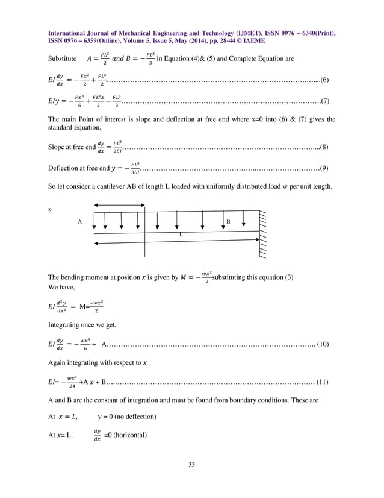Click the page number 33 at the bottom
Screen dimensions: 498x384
[191, 464]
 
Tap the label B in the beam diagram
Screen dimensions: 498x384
[228, 222]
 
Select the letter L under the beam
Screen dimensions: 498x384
[180, 234]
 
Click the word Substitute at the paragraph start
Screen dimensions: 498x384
[62, 59]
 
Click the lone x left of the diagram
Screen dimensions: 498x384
[50, 210]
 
